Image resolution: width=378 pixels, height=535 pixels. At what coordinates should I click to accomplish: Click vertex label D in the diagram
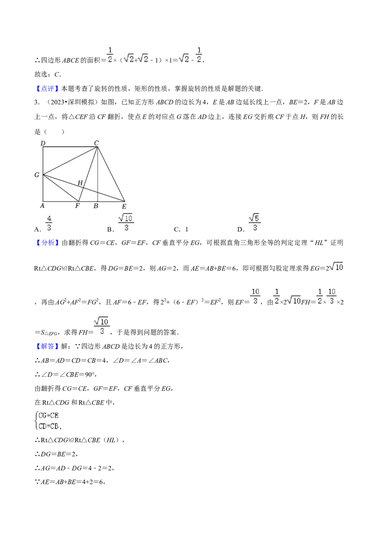coord(43,143)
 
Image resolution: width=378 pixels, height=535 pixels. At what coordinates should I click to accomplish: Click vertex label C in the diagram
coord(96,143)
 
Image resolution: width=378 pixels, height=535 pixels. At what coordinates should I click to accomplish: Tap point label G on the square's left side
coord(37,175)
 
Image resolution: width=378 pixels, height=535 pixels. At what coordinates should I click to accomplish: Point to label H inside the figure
coord(80,183)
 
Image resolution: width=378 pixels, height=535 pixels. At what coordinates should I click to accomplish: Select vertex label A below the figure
coord(43,206)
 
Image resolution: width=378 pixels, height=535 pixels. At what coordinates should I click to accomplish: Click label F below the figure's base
coord(77,206)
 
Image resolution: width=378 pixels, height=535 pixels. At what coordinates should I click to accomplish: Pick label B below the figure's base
coord(96,206)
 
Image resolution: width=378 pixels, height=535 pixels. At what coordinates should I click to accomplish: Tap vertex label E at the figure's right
coord(124,206)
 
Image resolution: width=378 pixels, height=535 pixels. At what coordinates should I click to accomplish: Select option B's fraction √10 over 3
coord(126,223)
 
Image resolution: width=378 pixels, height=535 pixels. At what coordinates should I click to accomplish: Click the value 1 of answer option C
coord(187,229)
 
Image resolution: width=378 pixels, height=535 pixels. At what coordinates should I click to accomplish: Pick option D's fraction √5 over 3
coord(255,223)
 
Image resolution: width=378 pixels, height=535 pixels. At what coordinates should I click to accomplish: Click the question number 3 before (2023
coord(36,103)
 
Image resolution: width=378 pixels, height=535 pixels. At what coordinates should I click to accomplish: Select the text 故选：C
coord(47,74)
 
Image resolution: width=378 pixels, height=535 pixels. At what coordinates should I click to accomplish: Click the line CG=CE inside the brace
coord(49,415)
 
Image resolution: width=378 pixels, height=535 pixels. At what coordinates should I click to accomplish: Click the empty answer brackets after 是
coord(54,132)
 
